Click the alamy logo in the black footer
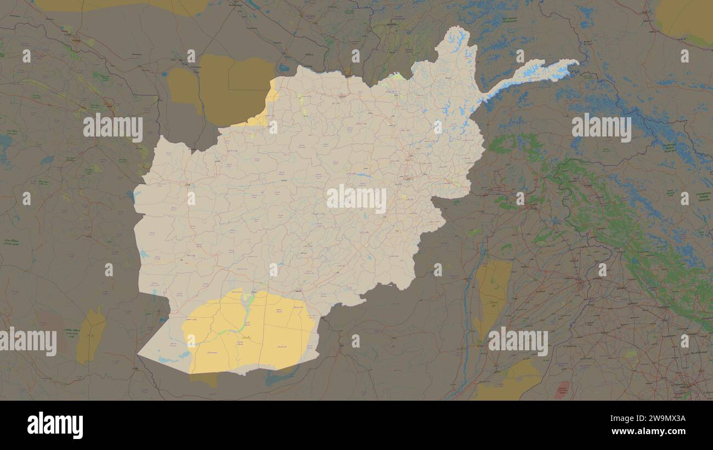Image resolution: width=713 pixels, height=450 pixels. click(55, 425)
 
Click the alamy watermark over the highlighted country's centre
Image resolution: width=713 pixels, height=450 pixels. click(356, 200)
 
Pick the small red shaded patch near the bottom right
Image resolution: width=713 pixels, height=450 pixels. click(562, 390)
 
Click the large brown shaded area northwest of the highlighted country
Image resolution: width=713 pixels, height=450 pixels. click(219, 88)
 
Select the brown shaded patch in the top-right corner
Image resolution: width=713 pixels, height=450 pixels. click(683, 19)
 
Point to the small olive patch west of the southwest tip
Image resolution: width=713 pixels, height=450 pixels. click(91, 335)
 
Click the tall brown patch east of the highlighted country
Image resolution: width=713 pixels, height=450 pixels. click(493, 296)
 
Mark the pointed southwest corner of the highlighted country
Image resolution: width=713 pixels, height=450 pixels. click(139, 355)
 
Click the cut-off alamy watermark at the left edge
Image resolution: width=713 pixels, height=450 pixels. click(27, 342)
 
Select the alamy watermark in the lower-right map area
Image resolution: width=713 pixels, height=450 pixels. click(518, 342)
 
